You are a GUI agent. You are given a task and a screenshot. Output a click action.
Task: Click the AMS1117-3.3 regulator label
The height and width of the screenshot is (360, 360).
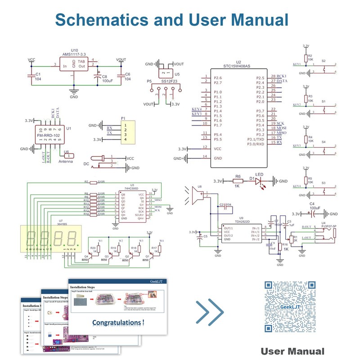pos(74,54)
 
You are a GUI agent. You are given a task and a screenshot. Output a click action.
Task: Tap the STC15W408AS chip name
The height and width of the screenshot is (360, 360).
pos(238,66)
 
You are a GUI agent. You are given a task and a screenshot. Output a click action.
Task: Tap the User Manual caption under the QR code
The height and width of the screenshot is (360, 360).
pos(292,351)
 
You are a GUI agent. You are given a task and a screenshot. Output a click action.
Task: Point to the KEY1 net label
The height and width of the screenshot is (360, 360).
pos(297,64)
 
